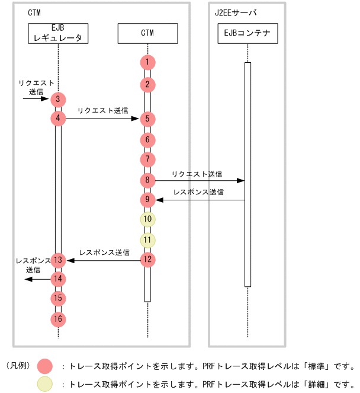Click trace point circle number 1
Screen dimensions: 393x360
[147, 62]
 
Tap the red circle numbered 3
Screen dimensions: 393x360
[58, 99]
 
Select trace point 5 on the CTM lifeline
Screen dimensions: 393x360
[147, 119]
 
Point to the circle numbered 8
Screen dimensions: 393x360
[147, 180]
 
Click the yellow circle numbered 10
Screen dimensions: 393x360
[147, 219]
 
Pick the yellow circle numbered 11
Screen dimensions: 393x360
[147, 240]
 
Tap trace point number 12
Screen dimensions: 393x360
[147, 259]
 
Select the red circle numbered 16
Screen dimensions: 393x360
[58, 319]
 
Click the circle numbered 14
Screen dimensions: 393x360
[58, 279]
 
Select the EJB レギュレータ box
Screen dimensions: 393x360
[58, 33]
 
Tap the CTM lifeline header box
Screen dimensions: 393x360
[147, 33]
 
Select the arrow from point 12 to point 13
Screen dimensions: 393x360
[104, 259]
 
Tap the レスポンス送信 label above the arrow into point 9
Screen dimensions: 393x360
[198, 192]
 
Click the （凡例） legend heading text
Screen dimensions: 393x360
[18, 366]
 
